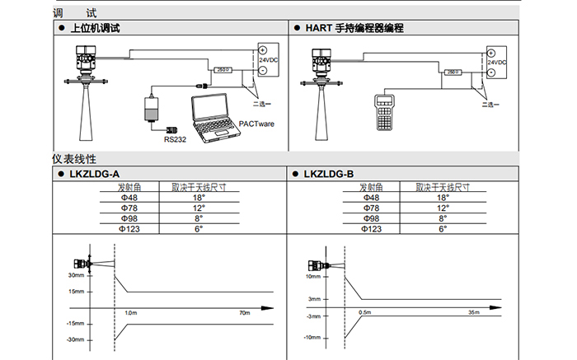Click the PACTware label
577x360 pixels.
click(256, 124)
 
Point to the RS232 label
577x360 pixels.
click(174, 139)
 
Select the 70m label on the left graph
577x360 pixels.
click(243, 314)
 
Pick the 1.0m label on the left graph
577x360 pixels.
click(130, 314)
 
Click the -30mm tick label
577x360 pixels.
click(77, 339)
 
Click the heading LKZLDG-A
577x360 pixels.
click(96, 174)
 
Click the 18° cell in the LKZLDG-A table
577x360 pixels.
click(199, 198)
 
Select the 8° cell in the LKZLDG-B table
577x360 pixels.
click(443, 218)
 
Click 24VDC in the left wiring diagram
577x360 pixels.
click(269, 60)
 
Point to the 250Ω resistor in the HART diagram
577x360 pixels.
click(453, 72)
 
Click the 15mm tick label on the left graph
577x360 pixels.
click(77, 292)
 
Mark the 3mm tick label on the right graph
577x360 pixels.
click(313, 299)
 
